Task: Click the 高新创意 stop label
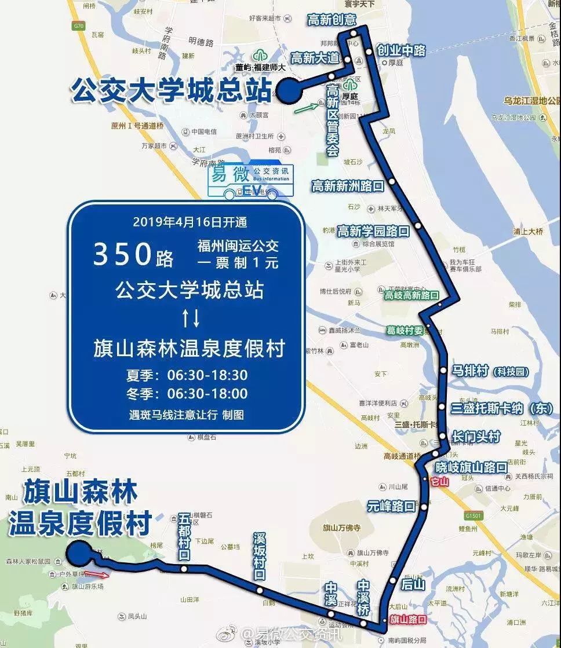332,20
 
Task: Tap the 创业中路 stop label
401,50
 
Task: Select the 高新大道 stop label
315,58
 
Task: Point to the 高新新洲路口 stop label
348,186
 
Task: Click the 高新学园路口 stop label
373,231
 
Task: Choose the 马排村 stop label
470,371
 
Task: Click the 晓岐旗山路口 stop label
471,467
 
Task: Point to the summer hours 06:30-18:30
207,375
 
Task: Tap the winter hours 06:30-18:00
207,394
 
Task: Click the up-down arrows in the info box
191,317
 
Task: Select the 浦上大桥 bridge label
528,232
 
